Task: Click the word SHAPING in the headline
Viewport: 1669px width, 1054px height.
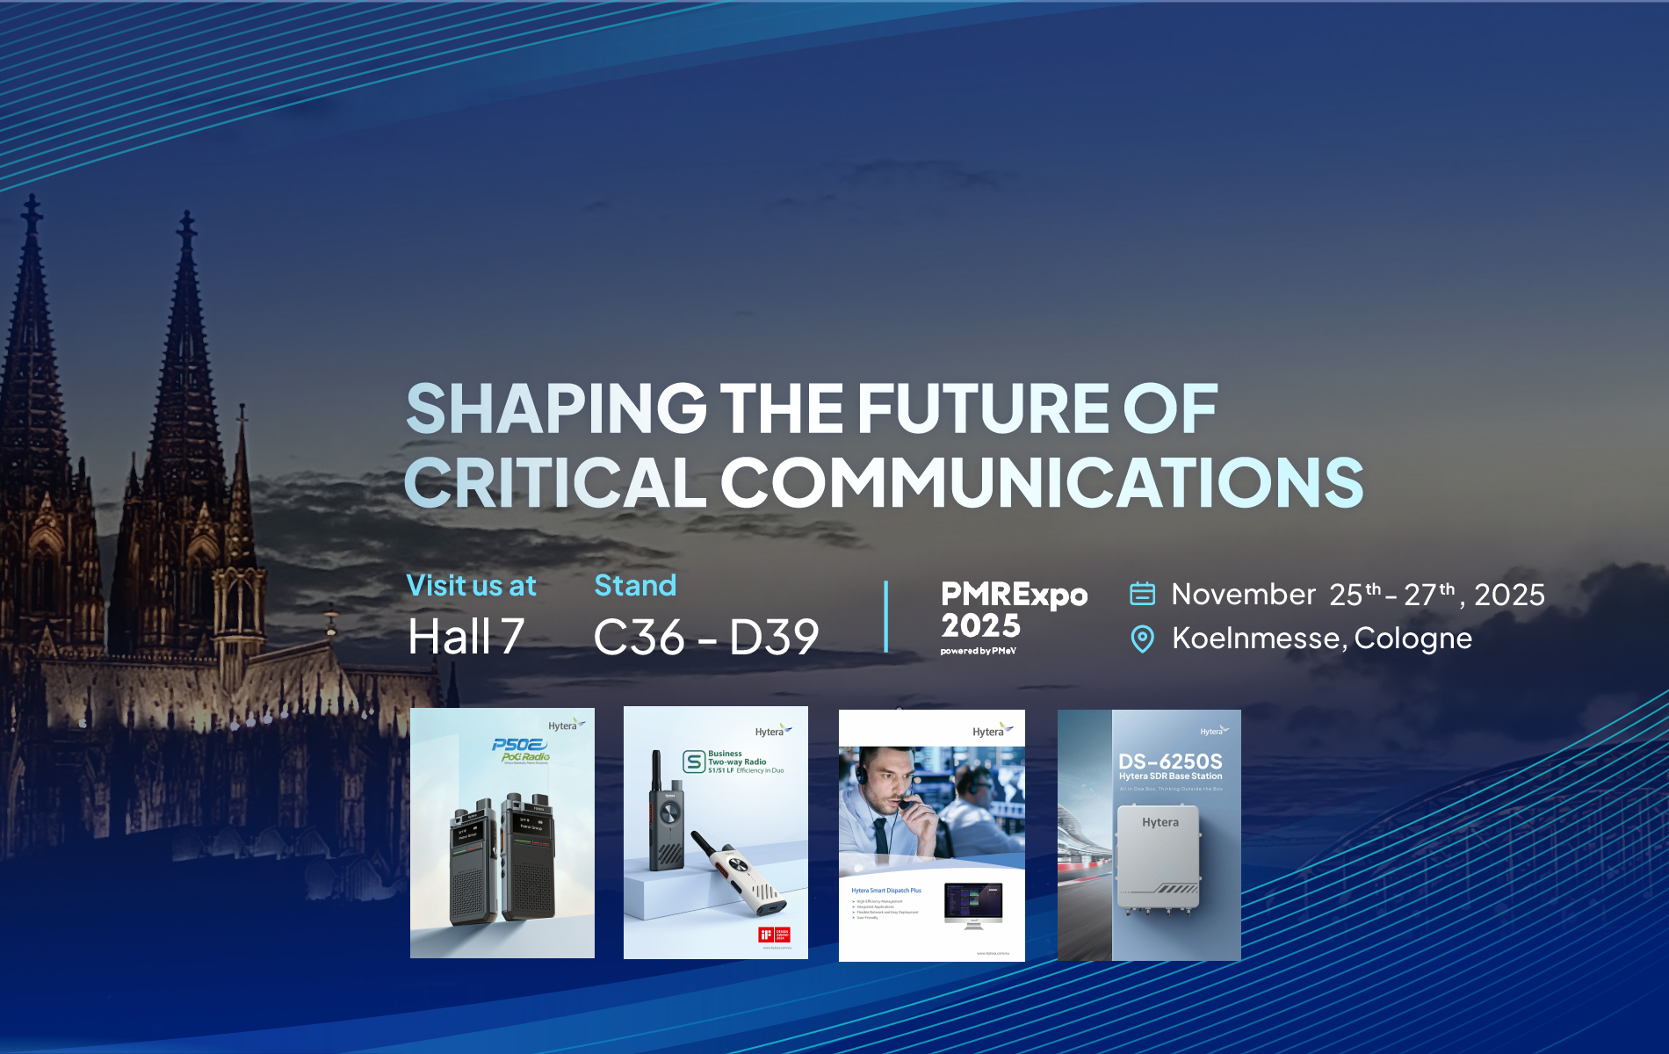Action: click(x=556, y=408)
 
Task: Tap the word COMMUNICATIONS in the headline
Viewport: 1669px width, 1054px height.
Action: click(x=1042, y=482)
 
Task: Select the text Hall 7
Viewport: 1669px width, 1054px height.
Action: click(x=466, y=637)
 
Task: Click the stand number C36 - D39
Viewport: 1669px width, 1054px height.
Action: click(x=706, y=638)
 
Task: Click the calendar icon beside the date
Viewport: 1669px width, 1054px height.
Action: click(x=1142, y=594)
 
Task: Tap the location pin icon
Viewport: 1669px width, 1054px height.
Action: click(x=1142, y=639)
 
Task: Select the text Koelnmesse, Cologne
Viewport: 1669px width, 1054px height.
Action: click(x=1321, y=639)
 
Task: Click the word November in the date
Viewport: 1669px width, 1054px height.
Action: click(x=1243, y=595)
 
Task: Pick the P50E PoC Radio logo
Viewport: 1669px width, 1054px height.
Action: click(x=522, y=750)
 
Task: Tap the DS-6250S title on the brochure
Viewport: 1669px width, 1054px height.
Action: click(x=1170, y=762)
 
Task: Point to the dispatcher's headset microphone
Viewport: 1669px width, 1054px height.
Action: click(x=905, y=803)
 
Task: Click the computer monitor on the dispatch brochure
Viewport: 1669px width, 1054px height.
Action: click(x=973, y=903)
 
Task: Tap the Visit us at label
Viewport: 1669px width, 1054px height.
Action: click(x=471, y=586)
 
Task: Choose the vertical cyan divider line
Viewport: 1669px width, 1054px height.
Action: click(x=885, y=617)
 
